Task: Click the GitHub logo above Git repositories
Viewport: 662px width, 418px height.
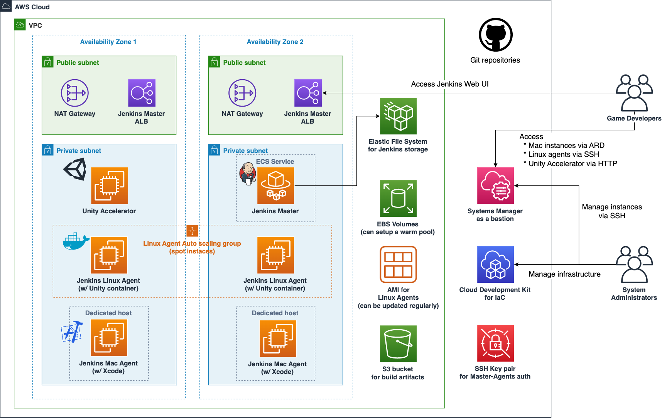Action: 495,35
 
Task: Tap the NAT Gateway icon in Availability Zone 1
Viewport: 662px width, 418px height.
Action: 75,93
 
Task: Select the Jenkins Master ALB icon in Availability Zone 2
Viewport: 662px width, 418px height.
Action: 308,93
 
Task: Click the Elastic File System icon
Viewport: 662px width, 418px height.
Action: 398,116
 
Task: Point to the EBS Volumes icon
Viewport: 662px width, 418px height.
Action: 398,198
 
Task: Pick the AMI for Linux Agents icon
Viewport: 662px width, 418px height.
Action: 398,265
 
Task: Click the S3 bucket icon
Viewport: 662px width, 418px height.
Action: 398,343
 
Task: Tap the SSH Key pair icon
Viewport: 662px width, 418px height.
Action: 495,343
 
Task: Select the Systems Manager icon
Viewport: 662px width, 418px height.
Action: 495,186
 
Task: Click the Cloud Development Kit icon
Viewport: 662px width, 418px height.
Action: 495,265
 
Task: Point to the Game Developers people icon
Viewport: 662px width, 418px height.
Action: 634,93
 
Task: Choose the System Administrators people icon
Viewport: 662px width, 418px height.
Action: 634,265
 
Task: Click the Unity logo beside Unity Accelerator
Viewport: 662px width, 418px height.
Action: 76,170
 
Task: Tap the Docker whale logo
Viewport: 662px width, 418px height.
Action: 76,242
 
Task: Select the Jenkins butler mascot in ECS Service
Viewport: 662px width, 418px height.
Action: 248,173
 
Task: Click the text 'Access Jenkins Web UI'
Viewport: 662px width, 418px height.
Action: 449,84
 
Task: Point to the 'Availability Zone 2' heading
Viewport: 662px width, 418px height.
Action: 275,42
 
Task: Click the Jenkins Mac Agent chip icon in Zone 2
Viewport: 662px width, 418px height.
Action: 278,339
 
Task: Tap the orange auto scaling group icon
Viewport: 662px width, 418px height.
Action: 192,231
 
